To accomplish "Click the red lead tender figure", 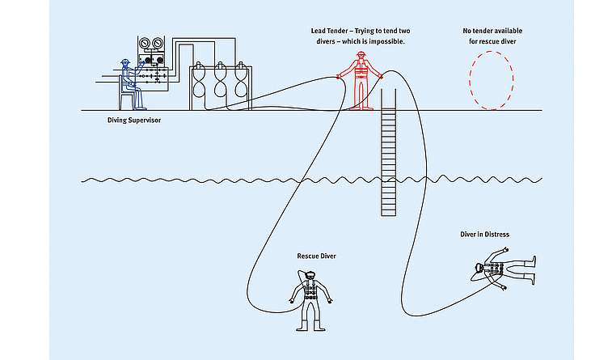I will pos(360,79).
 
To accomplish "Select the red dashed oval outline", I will pos(491,80).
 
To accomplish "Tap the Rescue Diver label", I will pos(317,256).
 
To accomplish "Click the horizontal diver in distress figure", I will pos(503,269).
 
